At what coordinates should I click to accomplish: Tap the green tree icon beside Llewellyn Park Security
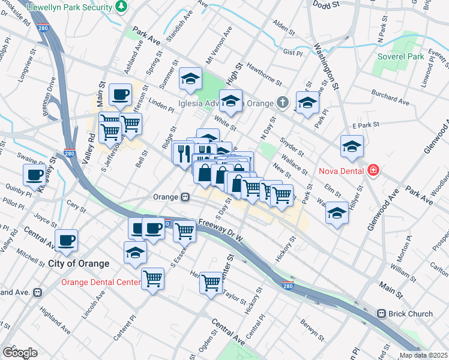122,6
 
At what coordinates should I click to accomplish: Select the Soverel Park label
400,57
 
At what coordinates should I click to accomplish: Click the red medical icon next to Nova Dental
373,170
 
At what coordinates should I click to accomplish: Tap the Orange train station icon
186,197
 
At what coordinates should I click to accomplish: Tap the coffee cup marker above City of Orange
66,239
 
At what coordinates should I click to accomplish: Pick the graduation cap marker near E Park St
351,145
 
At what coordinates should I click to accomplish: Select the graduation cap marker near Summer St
190,79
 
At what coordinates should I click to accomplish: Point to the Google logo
20,352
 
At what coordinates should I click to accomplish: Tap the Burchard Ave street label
390,95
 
